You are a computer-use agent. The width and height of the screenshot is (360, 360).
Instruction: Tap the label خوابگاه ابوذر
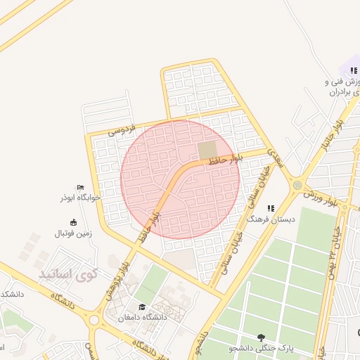pyautogui.click(x=80, y=198)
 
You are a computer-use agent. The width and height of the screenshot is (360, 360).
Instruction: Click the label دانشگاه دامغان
pyautogui.click(x=143, y=317)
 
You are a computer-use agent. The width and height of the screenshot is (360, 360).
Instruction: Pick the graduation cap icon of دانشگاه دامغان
pyautogui.click(x=143, y=307)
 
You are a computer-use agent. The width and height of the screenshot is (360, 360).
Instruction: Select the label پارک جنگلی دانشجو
pyautogui.click(x=262, y=348)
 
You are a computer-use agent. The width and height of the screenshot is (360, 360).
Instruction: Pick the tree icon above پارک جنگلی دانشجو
pyautogui.click(x=262, y=337)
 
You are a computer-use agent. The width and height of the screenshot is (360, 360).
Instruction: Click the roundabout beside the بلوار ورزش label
pyautogui.click(x=297, y=186)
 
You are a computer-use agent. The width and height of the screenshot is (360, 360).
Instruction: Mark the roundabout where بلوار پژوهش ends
pyautogui.click(x=94, y=320)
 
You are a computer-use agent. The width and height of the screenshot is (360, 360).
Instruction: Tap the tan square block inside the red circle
pyautogui.click(x=207, y=150)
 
